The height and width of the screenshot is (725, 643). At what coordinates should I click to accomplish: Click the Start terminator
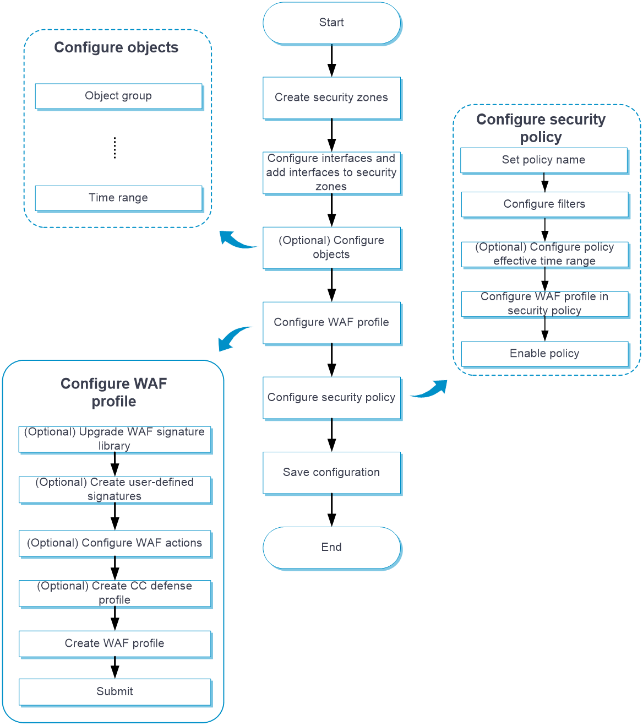point(331,23)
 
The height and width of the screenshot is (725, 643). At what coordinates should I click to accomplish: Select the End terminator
point(331,547)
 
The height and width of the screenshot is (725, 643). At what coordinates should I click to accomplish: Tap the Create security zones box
point(331,98)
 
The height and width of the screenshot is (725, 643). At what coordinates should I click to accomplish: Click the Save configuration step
point(331,472)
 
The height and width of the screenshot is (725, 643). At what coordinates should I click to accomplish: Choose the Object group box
point(118,96)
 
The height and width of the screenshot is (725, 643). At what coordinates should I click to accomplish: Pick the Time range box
point(118,198)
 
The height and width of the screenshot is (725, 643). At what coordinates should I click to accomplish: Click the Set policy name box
point(544,160)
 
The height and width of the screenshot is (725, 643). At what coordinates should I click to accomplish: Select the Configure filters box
point(544,204)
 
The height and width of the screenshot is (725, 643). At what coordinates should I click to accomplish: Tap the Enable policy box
point(544,354)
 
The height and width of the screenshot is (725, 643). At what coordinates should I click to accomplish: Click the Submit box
point(115,691)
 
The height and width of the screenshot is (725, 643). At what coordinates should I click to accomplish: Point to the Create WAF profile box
point(115,643)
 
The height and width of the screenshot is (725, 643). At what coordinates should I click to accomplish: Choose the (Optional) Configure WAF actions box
point(115,543)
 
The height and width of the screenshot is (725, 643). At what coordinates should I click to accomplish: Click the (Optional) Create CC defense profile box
point(115,593)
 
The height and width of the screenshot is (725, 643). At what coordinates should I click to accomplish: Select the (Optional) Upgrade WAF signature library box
point(115,439)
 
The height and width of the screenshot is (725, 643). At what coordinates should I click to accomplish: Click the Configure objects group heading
point(116,48)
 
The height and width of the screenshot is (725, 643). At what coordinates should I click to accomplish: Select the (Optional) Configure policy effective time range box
point(544,254)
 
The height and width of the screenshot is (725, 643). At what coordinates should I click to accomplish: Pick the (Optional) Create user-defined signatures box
point(115,489)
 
